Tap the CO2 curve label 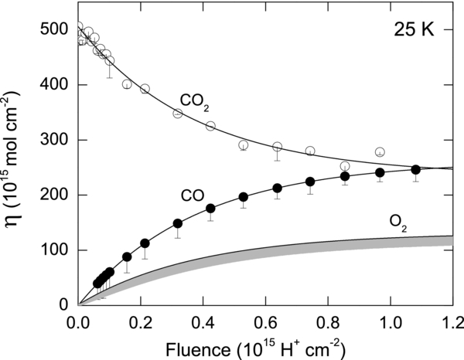pos(194,100)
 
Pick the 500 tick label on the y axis pos(56,30)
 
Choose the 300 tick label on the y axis pos(56,140)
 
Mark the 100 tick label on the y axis pos(56,250)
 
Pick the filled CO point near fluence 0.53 pos(243,197)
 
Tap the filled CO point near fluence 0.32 pos(178,223)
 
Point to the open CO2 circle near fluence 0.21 pos(145,89)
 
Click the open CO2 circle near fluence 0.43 pos(210,126)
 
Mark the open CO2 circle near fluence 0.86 pos(345,166)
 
